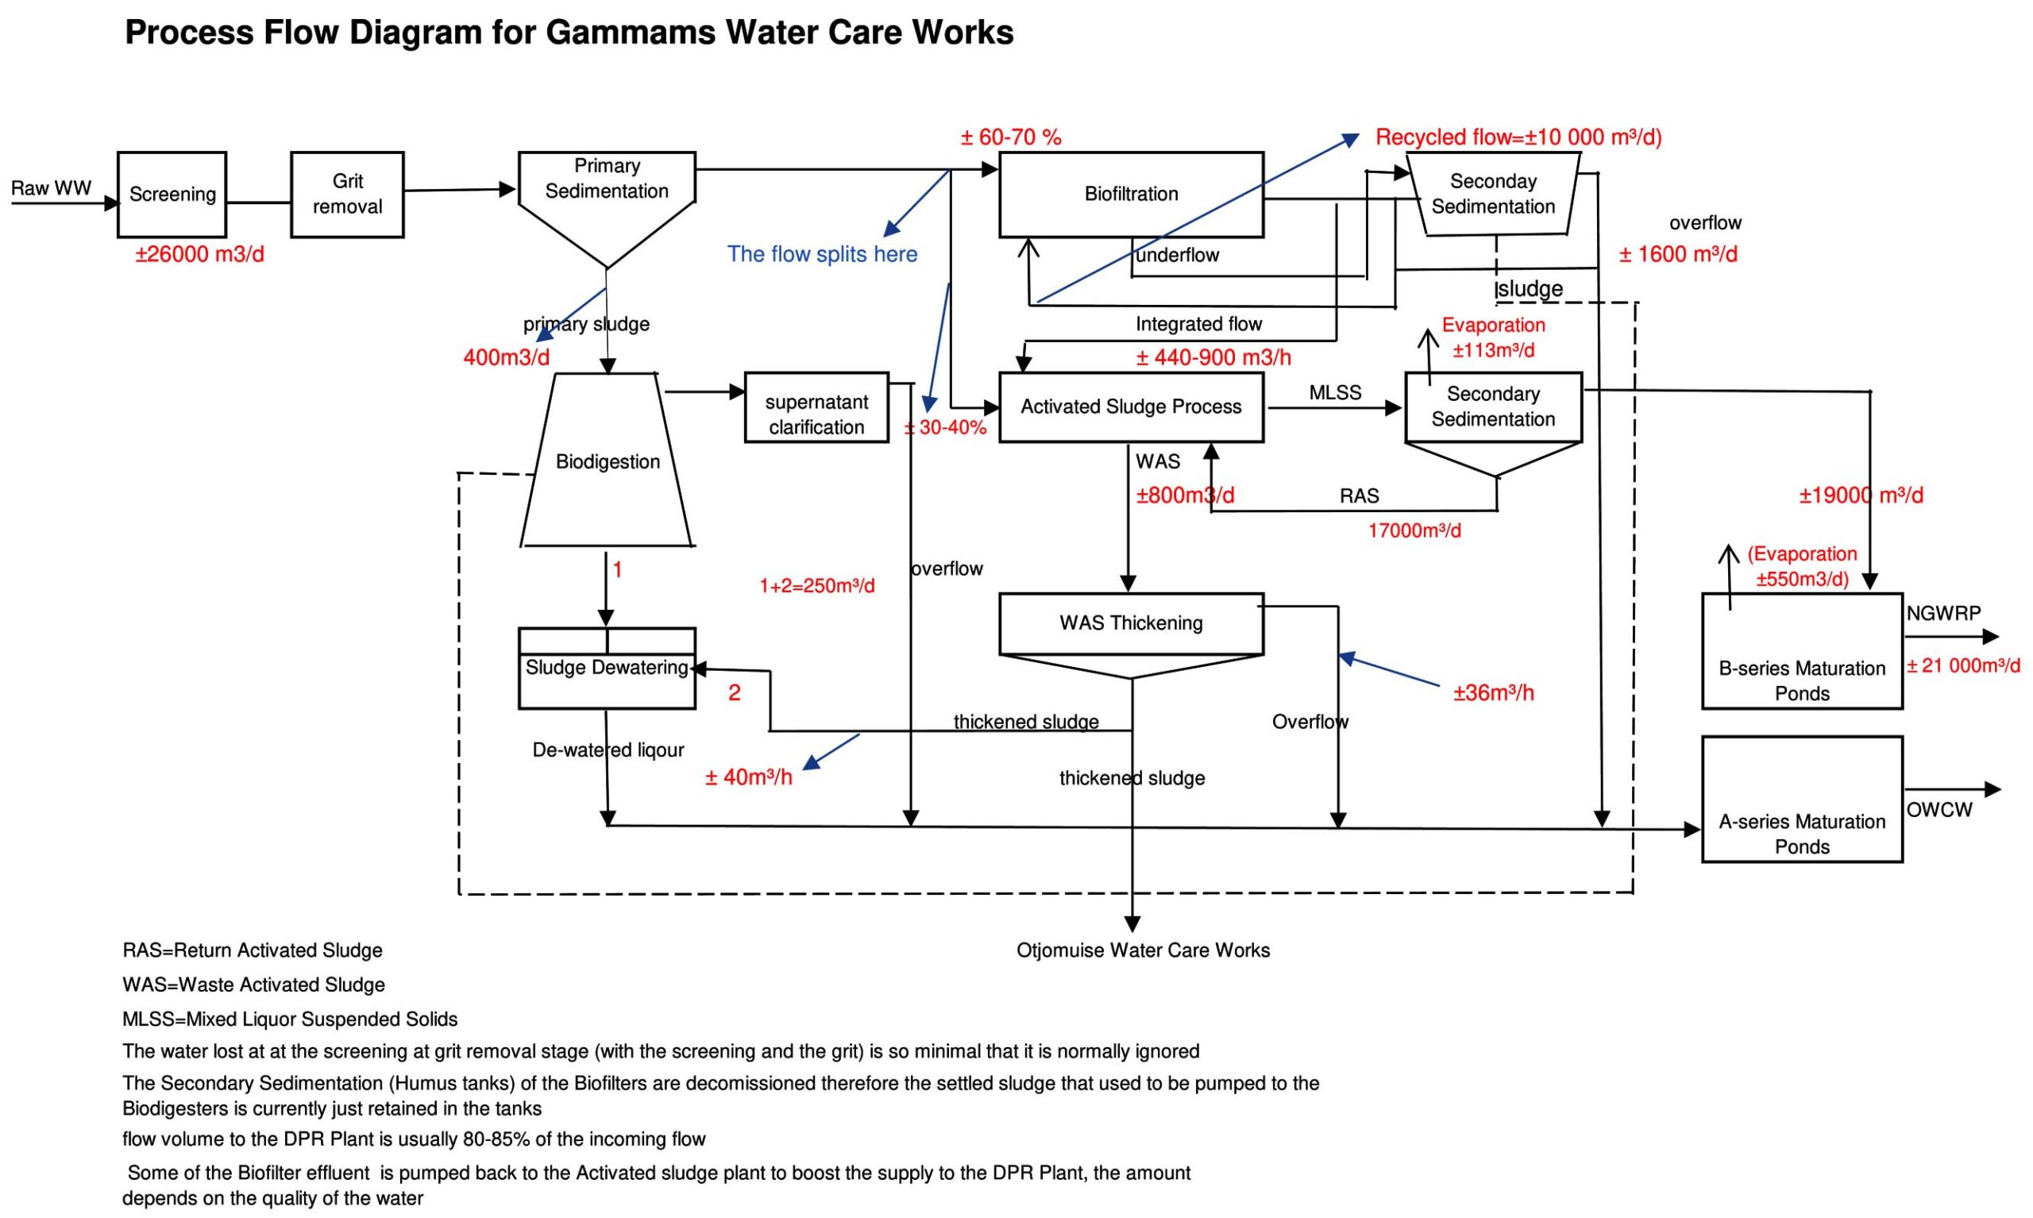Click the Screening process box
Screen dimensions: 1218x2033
point(172,195)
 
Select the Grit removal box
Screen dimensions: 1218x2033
point(347,195)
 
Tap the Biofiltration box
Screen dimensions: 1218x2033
point(1130,195)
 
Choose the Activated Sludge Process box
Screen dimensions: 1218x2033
point(1130,407)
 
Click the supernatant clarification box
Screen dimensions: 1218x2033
point(816,408)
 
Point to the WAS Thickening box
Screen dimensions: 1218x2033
point(1130,623)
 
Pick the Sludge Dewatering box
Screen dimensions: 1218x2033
point(607,668)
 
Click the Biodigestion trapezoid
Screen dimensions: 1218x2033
point(608,461)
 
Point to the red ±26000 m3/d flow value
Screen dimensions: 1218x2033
point(199,254)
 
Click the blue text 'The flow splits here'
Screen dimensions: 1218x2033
point(822,254)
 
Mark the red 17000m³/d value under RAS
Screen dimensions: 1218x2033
point(1414,531)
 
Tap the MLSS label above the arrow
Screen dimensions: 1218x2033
point(1334,393)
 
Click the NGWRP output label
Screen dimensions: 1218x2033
point(1942,613)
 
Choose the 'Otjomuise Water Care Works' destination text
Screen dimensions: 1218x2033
point(1143,950)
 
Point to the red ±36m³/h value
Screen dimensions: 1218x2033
point(1493,693)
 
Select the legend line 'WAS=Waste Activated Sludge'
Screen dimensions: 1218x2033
point(253,985)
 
